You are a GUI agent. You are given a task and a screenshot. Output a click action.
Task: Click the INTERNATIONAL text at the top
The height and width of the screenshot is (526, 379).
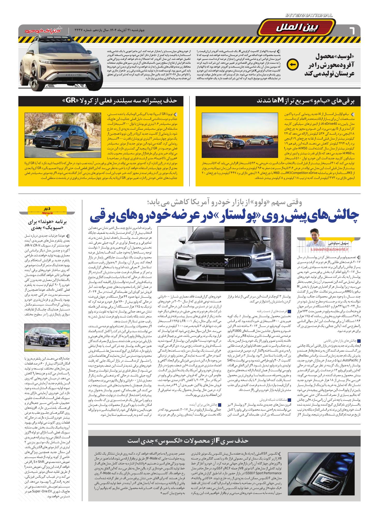pos(309,16)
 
